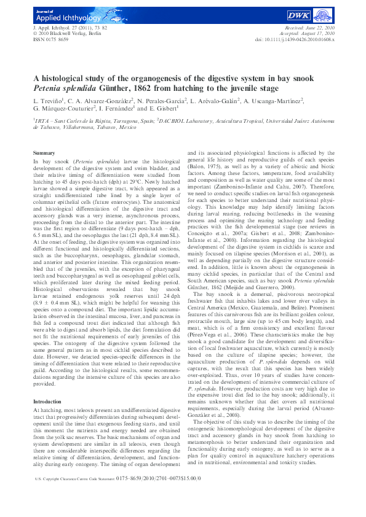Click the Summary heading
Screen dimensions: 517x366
44,152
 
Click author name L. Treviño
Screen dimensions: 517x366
49,100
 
